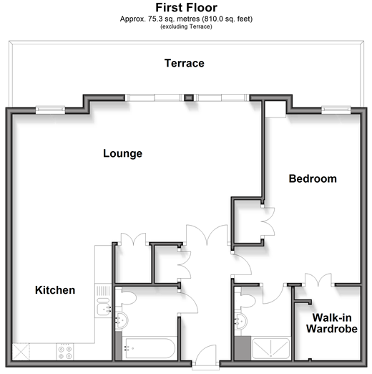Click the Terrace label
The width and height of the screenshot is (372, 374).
click(x=185, y=63)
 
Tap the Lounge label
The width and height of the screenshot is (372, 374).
click(x=122, y=153)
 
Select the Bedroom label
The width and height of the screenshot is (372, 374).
click(x=313, y=178)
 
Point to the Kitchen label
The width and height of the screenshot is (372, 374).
click(x=55, y=290)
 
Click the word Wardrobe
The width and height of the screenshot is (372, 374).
click(x=332, y=329)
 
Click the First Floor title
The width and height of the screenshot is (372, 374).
click(x=186, y=8)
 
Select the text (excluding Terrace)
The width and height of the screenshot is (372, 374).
click(x=186, y=27)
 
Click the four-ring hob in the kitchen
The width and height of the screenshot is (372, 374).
click(x=65, y=353)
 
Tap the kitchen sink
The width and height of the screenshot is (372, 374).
click(x=104, y=307)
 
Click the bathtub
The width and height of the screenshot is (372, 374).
click(x=150, y=347)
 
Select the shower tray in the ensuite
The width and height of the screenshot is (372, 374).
click(x=270, y=348)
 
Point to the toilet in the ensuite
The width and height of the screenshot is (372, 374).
click(x=245, y=299)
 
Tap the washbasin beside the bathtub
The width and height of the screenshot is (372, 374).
click(x=122, y=321)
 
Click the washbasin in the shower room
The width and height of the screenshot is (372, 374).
click(x=240, y=321)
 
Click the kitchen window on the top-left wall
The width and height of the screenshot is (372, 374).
click(x=50, y=110)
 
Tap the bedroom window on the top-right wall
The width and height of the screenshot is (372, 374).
click(x=336, y=110)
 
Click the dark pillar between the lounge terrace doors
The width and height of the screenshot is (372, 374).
click(x=189, y=97)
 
